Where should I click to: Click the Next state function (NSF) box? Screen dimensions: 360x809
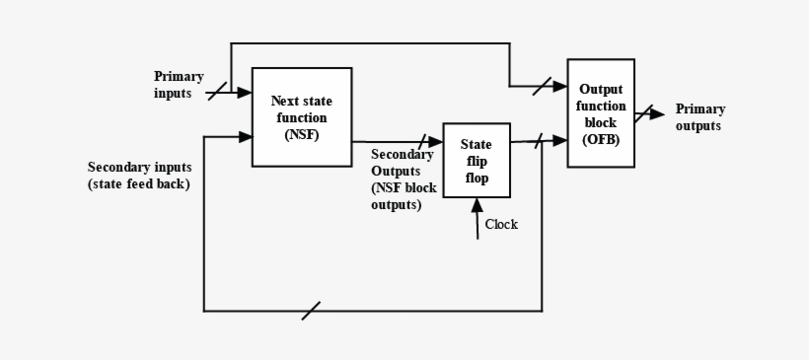pyautogui.click(x=302, y=116)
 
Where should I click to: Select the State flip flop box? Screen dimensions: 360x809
pyautogui.click(x=476, y=161)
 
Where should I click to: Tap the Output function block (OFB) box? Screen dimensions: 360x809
pyautogui.click(x=600, y=112)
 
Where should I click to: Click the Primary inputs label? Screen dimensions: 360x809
pyautogui.click(x=179, y=84)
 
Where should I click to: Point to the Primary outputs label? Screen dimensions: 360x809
pyautogui.click(x=699, y=117)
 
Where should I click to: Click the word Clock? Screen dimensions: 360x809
pyautogui.click(x=501, y=224)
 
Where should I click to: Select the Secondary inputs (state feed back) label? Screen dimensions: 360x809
pyautogui.click(x=139, y=176)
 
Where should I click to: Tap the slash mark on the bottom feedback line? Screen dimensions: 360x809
pyautogui.click(x=312, y=311)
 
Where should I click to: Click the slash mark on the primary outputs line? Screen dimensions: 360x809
pyautogui.click(x=643, y=113)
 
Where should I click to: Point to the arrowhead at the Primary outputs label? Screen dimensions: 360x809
pyautogui.click(x=658, y=113)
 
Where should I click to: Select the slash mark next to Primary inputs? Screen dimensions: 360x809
pyautogui.click(x=217, y=92)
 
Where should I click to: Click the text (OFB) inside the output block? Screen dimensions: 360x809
pyautogui.click(x=600, y=139)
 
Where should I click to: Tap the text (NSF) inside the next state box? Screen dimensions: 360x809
pyautogui.click(x=302, y=133)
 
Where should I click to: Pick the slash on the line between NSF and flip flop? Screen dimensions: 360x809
pyautogui.click(x=424, y=142)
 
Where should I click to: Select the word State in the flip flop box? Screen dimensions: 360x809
pyautogui.click(x=476, y=145)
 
